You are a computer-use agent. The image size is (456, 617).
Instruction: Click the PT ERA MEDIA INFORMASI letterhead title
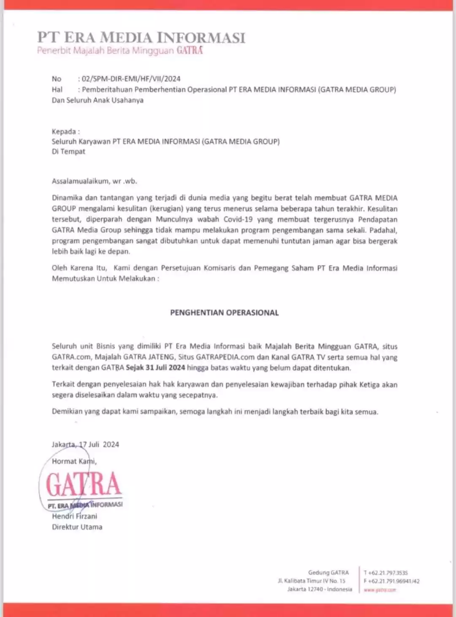tap(141, 37)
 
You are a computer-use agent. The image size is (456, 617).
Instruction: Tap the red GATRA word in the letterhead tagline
tap(190, 51)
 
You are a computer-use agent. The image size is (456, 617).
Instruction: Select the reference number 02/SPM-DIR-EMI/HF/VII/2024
tap(131, 78)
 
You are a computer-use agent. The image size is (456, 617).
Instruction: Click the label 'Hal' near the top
tap(57, 89)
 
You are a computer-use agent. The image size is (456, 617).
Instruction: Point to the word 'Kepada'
tap(64, 132)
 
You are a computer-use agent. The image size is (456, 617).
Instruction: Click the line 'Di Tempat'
tap(68, 152)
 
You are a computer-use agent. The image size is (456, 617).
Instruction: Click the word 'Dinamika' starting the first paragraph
tap(67, 198)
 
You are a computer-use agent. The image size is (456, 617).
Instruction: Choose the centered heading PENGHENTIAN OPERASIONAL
tap(224, 313)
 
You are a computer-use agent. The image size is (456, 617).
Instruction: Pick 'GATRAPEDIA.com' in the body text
tap(225, 357)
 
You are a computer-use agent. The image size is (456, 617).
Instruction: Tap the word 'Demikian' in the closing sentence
tap(67, 411)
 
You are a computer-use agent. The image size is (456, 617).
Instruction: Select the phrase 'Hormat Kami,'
tap(74, 461)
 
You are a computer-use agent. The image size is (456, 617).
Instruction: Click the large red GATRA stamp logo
tap(84, 484)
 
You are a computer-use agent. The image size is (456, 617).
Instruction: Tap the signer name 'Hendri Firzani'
tap(74, 516)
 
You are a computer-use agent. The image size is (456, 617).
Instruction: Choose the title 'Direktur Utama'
tap(77, 527)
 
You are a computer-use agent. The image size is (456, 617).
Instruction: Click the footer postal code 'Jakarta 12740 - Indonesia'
tap(320, 589)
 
